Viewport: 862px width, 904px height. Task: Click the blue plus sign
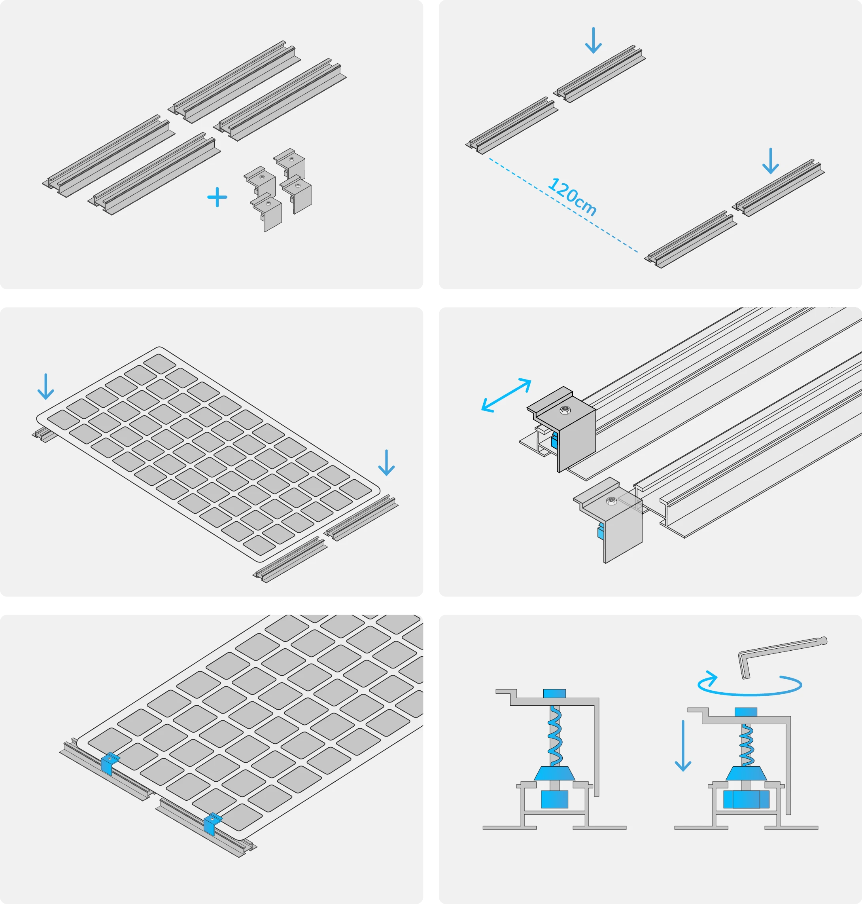pyautogui.click(x=217, y=198)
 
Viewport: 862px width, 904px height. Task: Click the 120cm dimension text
pyautogui.click(x=572, y=197)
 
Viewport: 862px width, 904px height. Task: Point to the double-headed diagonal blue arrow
pyautogui.click(x=506, y=395)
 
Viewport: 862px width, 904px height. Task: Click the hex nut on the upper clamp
pyautogui.click(x=565, y=410)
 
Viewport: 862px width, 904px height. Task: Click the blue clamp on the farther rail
pyautogui.click(x=109, y=763)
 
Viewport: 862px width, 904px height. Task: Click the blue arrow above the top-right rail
pyautogui.click(x=593, y=40)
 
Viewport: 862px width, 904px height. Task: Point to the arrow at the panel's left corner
pyautogui.click(x=45, y=387)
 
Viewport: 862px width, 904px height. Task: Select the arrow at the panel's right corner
pyautogui.click(x=386, y=463)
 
